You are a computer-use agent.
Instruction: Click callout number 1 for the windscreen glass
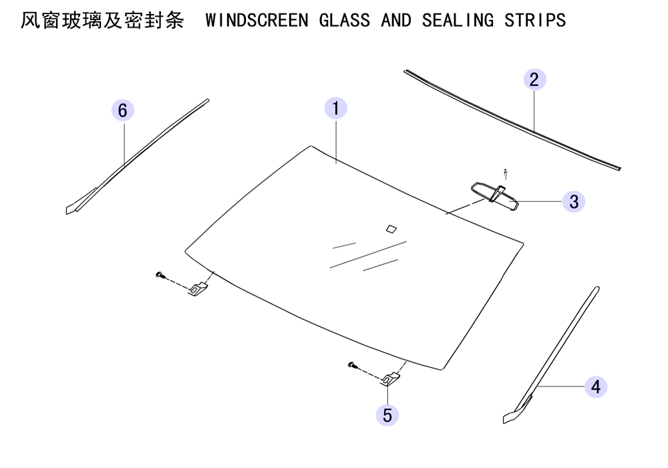[x=336, y=108]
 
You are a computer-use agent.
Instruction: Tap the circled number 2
[x=534, y=80]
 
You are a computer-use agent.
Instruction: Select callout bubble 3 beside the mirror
[x=574, y=202]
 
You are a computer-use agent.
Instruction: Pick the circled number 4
[x=596, y=387]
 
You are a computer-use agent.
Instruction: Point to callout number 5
[x=387, y=415]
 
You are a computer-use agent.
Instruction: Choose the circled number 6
[x=123, y=110]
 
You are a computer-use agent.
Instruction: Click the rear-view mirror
[x=495, y=195]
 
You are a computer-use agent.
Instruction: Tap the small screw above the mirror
[x=506, y=173]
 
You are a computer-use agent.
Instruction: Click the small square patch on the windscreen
[x=391, y=229]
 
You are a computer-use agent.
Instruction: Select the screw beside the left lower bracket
[x=160, y=275]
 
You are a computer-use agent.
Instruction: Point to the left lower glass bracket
[x=198, y=289]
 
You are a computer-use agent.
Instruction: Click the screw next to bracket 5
[x=352, y=365]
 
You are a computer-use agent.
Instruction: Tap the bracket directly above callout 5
[x=390, y=379]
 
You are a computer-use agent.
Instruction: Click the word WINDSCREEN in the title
[x=257, y=21]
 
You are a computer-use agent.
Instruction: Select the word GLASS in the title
[x=344, y=21]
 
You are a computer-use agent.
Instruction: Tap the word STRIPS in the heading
[x=535, y=21]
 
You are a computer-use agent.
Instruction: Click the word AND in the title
[x=396, y=21]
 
